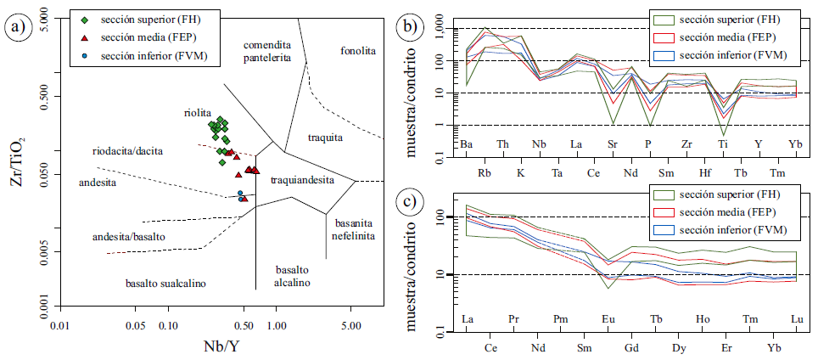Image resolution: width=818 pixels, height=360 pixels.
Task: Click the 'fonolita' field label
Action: pyautogui.click(x=358, y=51)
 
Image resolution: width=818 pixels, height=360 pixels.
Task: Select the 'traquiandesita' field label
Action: pyautogui.click(x=302, y=180)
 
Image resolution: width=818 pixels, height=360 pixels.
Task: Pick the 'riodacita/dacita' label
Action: pyautogui.click(x=127, y=151)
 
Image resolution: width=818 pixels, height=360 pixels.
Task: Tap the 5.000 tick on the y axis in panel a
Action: pyautogui.click(x=37, y=18)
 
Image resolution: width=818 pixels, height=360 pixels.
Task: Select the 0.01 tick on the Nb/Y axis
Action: pyautogui.click(x=59, y=325)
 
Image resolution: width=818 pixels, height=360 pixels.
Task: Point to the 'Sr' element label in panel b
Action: pyautogui.click(x=613, y=144)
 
